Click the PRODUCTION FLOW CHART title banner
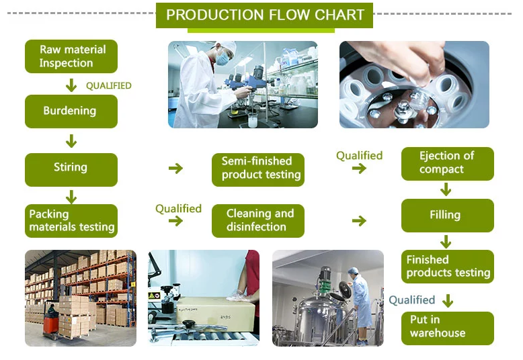point(265,15)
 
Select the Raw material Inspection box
point(71,56)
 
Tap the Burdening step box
point(71,111)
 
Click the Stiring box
point(71,167)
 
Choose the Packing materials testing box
point(71,221)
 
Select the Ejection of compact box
point(447,163)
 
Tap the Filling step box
point(447,216)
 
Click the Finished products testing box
point(447,267)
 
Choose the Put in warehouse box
point(447,327)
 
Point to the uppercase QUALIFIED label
point(109,86)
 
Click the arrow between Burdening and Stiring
point(71,141)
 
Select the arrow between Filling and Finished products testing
point(446,241)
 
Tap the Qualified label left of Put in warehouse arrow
point(411,300)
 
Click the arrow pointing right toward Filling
point(359,221)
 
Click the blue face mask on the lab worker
point(223,60)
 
